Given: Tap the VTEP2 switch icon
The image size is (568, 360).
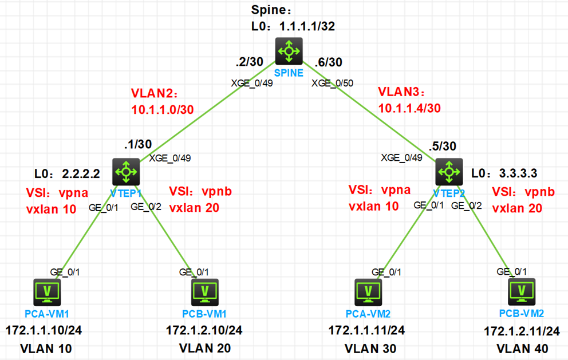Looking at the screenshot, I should pos(449,170).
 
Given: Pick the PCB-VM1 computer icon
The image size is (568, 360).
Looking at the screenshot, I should pos(204,292).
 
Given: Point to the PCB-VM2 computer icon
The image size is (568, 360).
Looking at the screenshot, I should pos(522,292).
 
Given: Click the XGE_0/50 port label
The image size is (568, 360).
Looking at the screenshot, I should pos(332,83).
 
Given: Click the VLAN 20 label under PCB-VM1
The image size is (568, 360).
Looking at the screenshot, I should pos(205,348).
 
